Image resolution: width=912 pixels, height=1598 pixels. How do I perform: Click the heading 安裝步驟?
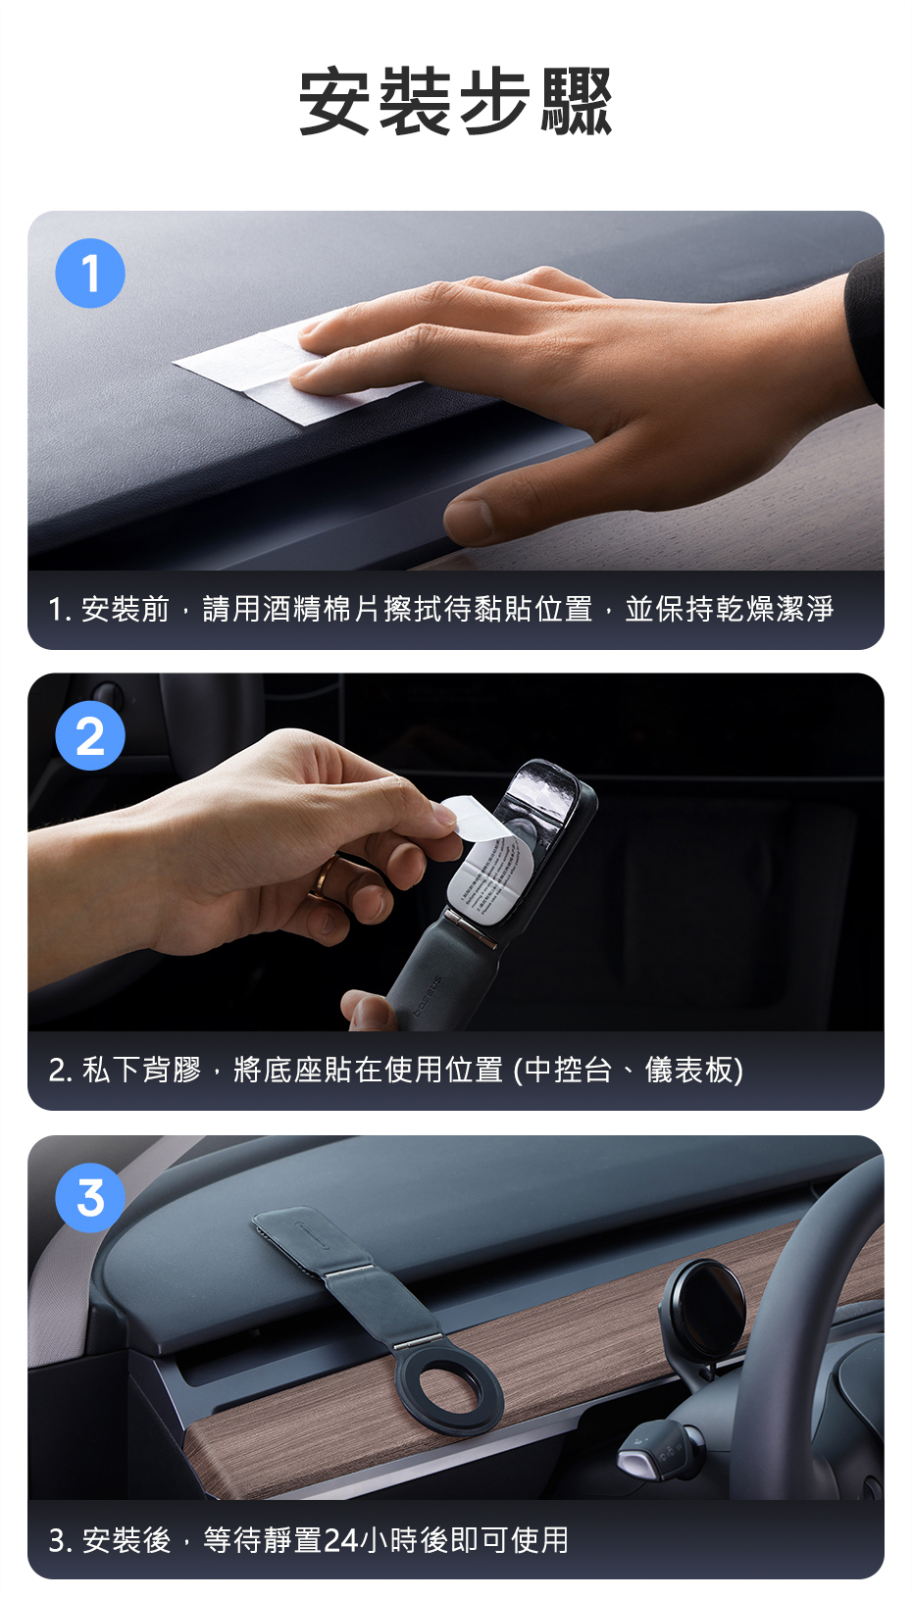[455, 101]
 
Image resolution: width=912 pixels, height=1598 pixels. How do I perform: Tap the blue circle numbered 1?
[90, 274]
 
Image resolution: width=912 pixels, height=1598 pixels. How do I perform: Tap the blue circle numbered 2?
[90, 735]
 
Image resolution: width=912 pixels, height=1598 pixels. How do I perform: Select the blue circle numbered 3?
[90, 1198]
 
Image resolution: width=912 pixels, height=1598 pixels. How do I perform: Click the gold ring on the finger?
[324, 878]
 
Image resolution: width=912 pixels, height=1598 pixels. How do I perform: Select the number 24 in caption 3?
[340, 1539]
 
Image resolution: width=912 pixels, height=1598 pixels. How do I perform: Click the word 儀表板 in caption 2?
[688, 1071]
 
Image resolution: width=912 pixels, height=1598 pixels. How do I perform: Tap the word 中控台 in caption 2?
[568, 1071]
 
